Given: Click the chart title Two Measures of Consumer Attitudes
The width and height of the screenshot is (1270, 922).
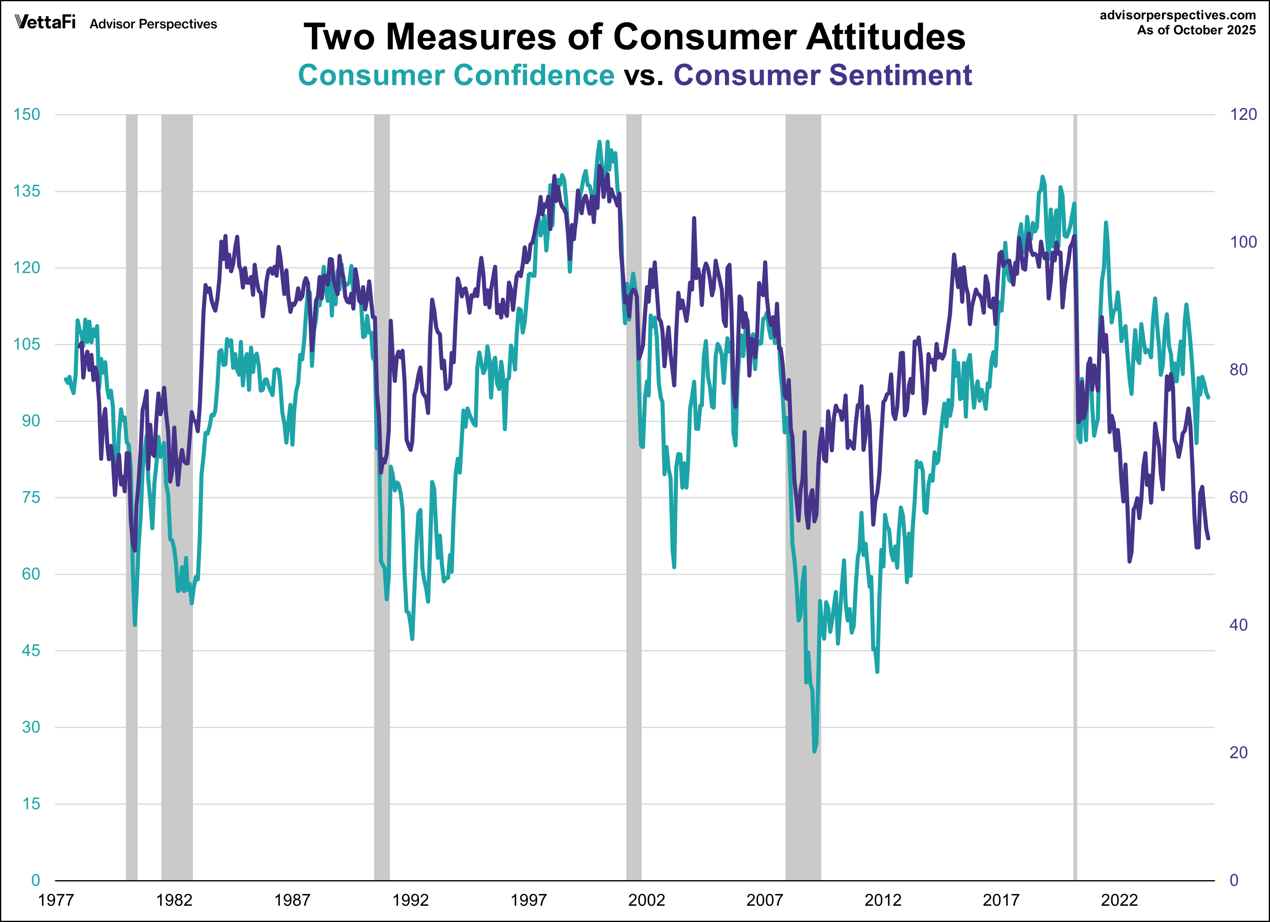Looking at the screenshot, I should [x=634, y=37].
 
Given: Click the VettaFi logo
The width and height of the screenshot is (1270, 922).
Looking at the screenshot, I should [x=45, y=22].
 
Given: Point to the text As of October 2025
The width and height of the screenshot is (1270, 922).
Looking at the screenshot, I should [x=1196, y=30].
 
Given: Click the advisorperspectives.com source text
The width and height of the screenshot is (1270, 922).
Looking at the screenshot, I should [x=1178, y=15].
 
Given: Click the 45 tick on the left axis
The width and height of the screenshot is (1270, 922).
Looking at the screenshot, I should [x=31, y=650].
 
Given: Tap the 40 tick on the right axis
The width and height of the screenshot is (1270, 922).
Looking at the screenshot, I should [x=1239, y=625].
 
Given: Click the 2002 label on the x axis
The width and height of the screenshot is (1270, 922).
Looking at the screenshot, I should [x=646, y=900].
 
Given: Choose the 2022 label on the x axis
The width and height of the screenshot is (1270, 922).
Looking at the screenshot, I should [x=1119, y=900].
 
